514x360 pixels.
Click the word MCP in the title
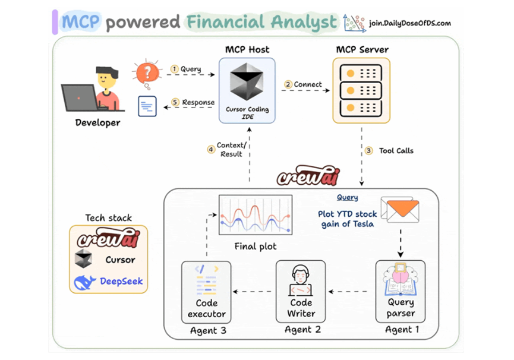click(x=81, y=22)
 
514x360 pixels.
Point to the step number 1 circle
click(x=175, y=69)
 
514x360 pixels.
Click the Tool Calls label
click(x=396, y=151)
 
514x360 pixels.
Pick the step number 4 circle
click(x=211, y=149)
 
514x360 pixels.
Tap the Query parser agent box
click(x=400, y=291)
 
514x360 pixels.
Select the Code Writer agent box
click(x=301, y=291)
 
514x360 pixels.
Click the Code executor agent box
click(x=207, y=291)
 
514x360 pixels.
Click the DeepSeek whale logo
click(x=84, y=282)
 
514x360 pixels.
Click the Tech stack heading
click(x=108, y=217)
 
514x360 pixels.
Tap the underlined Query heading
click(x=348, y=198)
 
